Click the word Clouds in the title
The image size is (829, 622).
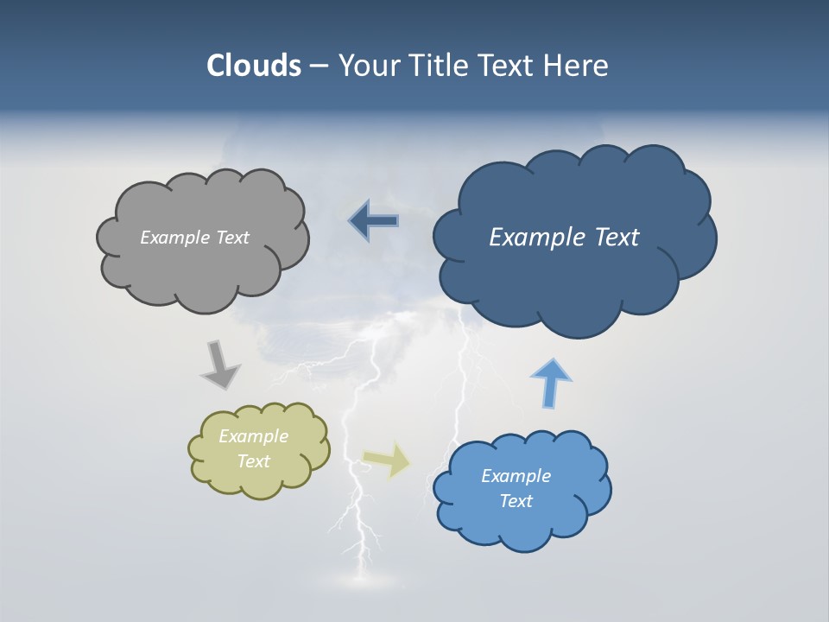(x=254, y=66)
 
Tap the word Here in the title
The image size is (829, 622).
(x=575, y=66)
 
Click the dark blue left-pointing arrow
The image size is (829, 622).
(x=375, y=221)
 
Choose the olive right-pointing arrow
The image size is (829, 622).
(x=387, y=460)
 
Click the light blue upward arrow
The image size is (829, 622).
(x=550, y=381)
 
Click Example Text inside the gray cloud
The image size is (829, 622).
(x=194, y=238)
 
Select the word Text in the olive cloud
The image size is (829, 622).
(x=254, y=461)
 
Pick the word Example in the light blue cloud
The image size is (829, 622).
(x=516, y=476)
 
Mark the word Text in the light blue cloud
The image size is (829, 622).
(x=516, y=501)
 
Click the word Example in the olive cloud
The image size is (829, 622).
(x=254, y=436)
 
